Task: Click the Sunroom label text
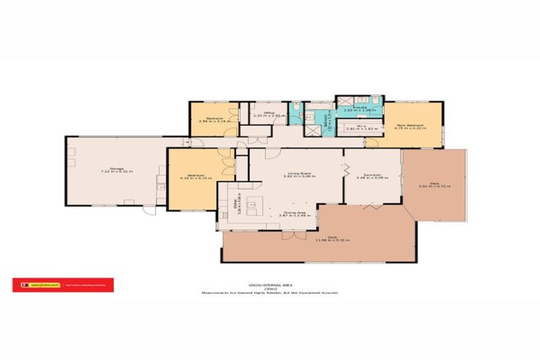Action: click(371, 174)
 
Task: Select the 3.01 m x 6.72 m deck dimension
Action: click(434, 187)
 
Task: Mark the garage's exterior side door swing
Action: click(148, 210)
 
